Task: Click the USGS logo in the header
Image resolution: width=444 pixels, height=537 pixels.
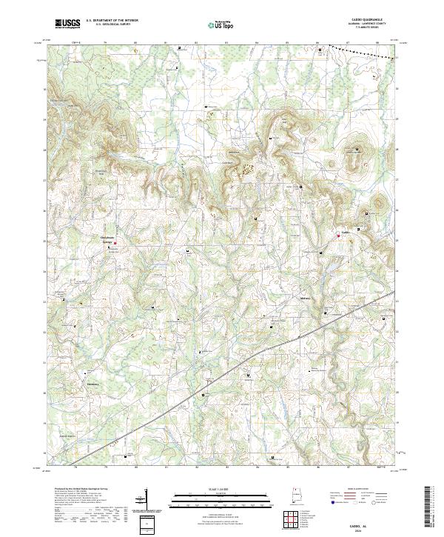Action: pos(67,24)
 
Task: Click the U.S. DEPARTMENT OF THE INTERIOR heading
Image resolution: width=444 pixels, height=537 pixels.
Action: pos(112,21)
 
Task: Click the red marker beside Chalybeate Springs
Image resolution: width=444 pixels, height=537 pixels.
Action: pos(115,241)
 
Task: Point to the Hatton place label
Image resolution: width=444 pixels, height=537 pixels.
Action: pos(92,384)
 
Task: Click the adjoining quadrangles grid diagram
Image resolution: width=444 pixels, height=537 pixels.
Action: pos(292,521)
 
